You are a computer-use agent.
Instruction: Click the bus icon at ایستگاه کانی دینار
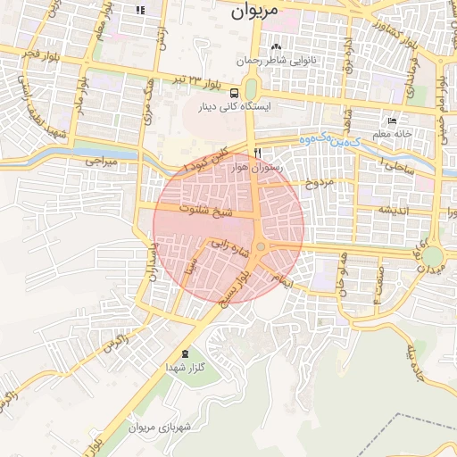tap(234, 92)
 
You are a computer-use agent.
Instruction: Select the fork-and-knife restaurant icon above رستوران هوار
tap(257, 153)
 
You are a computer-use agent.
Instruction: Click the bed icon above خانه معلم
tap(392, 120)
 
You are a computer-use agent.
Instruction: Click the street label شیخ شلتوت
tap(206, 212)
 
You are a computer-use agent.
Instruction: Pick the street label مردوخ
tap(319, 184)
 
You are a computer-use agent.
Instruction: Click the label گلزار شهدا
tap(185, 368)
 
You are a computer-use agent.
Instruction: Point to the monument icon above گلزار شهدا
tap(185, 354)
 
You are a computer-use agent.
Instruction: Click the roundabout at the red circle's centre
tap(261, 246)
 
